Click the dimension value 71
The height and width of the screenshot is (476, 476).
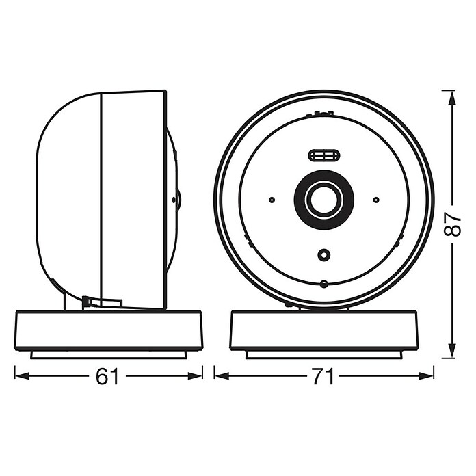(x=323, y=376)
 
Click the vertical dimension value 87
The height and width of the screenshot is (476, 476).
(x=452, y=224)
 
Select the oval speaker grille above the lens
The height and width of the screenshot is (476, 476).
(x=324, y=156)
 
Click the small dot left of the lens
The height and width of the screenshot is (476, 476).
(x=272, y=200)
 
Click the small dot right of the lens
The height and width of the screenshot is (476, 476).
(x=376, y=200)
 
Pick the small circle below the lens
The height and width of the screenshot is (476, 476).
(x=324, y=254)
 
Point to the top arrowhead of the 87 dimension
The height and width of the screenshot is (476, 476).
(x=452, y=98)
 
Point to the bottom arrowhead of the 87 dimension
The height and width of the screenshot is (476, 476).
(x=452, y=351)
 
